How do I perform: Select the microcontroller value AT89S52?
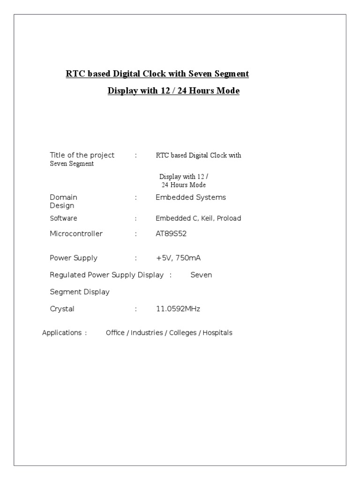[171, 233]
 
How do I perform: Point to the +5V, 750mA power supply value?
[178, 258]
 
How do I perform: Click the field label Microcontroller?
[76, 233]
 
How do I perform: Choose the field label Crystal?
[62, 309]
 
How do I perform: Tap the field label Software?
[63, 218]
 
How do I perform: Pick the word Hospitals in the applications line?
[217, 333]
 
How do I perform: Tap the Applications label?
[62, 333]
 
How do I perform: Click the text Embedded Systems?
[190, 197]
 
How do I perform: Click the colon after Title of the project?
[135, 155]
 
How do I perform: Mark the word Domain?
[63, 197]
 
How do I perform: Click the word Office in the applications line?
[115, 333]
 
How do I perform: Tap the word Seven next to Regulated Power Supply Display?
[201, 275]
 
